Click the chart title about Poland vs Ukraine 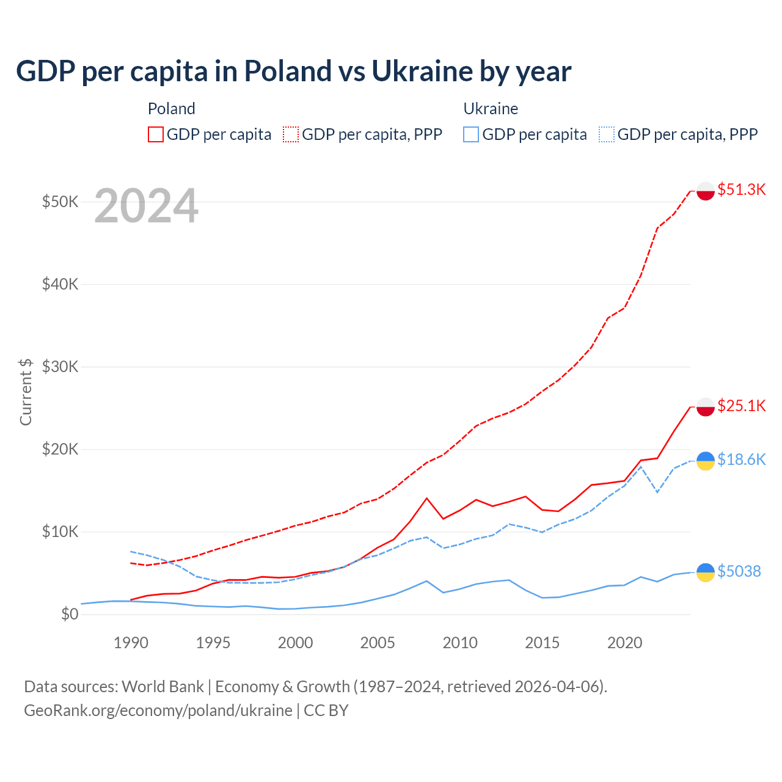coord(293,71)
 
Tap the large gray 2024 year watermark coord(147,206)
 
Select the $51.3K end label coord(741,189)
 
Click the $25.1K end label coord(741,406)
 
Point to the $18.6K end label coord(741,459)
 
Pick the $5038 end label coord(739,571)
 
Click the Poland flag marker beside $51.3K coord(706,191)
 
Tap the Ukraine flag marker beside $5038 coord(706,572)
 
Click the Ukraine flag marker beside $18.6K coord(706,461)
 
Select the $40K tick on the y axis coord(60,284)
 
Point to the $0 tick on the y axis coord(70,614)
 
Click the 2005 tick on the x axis coord(378,643)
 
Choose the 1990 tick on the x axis coord(131,643)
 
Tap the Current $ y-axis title coord(26,392)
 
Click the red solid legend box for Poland coord(156,134)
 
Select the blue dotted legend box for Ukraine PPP coord(607,134)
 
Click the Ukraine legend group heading coord(491,109)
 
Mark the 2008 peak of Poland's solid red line coord(426,498)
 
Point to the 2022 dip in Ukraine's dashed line coord(657,492)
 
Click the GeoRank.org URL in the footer coord(158,711)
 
